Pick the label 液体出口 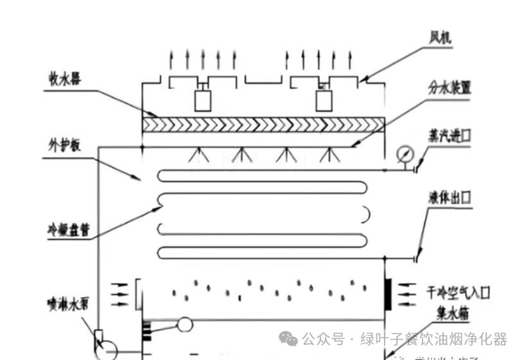tap(450, 196)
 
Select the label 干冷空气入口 tap(459, 293)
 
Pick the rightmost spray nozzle tap(329, 153)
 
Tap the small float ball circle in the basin tap(186, 325)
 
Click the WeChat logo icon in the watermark tap(288, 339)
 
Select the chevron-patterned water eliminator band tap(263, 124)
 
